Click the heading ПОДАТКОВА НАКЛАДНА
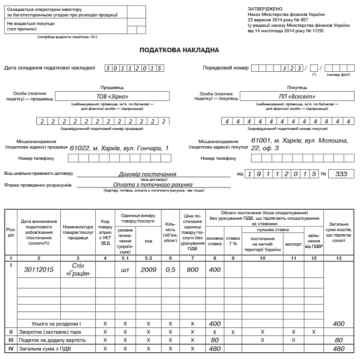pyautogui.click(x=179, y=50)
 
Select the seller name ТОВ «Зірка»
pyautogui.click(x=112, y=96)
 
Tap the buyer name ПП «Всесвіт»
pyautogui.click(x=297, y=96)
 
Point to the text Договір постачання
pyautogui.click(x=147, y=174)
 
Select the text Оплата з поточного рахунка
pyautogui.click(x=153, y=184)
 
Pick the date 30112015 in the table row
pyautogui.click(x=39, y=269)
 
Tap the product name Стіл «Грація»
pyautogui.click(x=78, y=269)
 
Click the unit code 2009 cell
pyautogui.click(x=148, y=269)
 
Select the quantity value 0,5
pyautogui.click(x=170, y=269)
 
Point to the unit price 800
pyautogui.click(x=192, y=269)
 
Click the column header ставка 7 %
pyautogui.click(x=233, y=241)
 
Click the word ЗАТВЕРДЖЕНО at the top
pyautogui.click(x=265, y=9)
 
